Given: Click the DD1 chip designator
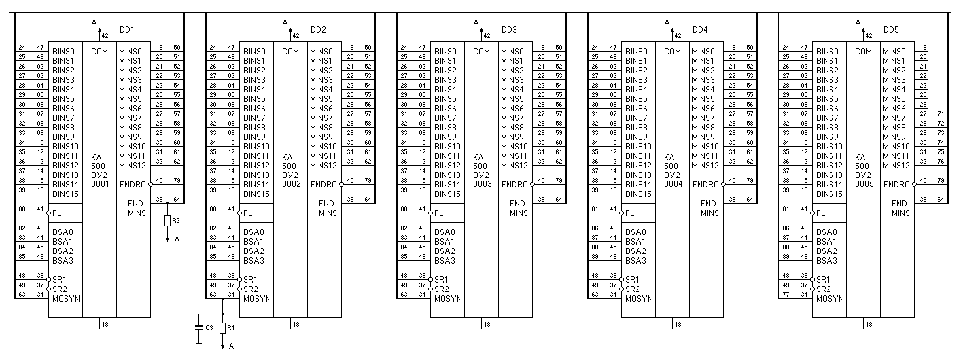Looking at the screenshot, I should [x=127, y=30].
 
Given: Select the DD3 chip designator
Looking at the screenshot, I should [x=509, y=30].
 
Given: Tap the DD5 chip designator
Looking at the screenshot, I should [x=891, y=30].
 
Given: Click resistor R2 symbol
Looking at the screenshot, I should [x=168, y=221].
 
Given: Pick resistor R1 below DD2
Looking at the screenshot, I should [x=223, y=328].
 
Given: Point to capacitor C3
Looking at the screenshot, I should [x=198, y=328].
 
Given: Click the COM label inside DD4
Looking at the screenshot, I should [x=672, y=51].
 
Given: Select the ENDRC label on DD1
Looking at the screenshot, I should [x=132, y=184].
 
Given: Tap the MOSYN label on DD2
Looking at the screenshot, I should [x=258, y=298].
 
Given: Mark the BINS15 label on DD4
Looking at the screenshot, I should [x=638, y=194].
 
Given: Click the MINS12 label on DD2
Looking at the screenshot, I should [x=323, y=165].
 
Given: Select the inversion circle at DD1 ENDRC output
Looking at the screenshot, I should [x=150, y=184].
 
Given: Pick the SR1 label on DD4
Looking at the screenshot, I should [x=632, y=279].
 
